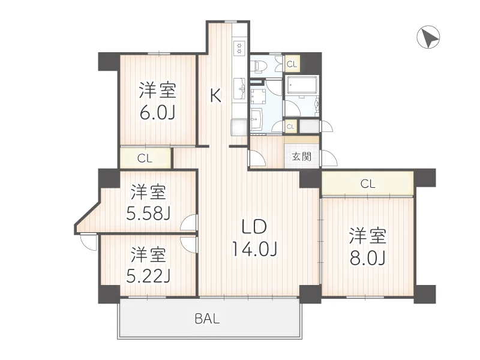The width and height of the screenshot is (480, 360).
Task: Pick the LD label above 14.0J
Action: [x=253, y=227]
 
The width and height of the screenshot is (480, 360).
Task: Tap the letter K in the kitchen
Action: [x=215, y=95]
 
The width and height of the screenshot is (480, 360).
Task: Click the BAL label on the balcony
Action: [x=207, y=319]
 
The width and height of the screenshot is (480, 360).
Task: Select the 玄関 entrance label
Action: [x=301, y=158]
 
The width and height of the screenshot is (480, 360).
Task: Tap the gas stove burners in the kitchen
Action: [x=239, y=47]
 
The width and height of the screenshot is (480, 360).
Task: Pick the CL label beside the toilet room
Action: [x=292, y=64]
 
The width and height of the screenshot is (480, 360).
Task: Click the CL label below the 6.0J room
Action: [x=145, y=159]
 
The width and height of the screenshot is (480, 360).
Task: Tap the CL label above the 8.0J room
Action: [x=368, y=184]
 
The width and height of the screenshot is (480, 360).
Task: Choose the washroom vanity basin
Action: [x=256, y=118]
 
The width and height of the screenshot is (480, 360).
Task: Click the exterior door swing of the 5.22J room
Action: [x=89, y=242]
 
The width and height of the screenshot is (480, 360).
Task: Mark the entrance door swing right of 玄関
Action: [x=329, y=159]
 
